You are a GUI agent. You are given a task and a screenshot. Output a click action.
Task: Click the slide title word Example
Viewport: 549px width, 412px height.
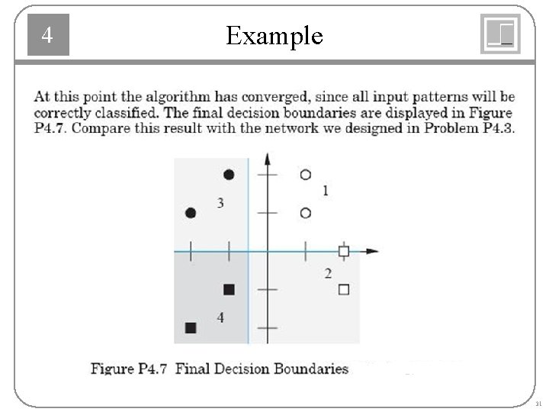point(274,36)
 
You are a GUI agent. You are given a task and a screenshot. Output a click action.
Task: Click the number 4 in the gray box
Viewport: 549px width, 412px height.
point(47,35)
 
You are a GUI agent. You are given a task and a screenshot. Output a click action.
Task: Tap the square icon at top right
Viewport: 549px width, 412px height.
point(500,34)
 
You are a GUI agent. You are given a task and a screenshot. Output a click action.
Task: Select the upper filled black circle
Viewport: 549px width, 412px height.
point(229,175)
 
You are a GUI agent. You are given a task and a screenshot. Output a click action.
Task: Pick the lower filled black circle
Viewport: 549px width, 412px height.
point(191,213)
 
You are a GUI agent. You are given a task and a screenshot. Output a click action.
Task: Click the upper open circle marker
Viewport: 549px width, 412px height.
point(305,175)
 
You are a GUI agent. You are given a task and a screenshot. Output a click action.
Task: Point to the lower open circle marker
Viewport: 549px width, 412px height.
point(305,213)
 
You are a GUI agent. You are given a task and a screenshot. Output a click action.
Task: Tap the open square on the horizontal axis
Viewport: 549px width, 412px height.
point(344,251)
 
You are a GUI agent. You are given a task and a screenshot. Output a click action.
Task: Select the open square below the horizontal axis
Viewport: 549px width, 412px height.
point(344,289)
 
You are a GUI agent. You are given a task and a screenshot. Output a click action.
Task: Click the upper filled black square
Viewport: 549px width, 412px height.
point(229,289)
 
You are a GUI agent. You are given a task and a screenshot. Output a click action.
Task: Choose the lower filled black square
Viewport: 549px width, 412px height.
point(191,327)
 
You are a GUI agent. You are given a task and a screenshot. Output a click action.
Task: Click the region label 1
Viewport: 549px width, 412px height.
point(326,191)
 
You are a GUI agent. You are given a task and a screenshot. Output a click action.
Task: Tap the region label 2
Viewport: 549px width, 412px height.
point(328,273)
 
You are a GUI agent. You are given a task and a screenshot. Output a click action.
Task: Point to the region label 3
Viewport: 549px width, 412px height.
point(220,203)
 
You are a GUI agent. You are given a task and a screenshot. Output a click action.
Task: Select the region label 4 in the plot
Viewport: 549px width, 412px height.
point(220,317)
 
